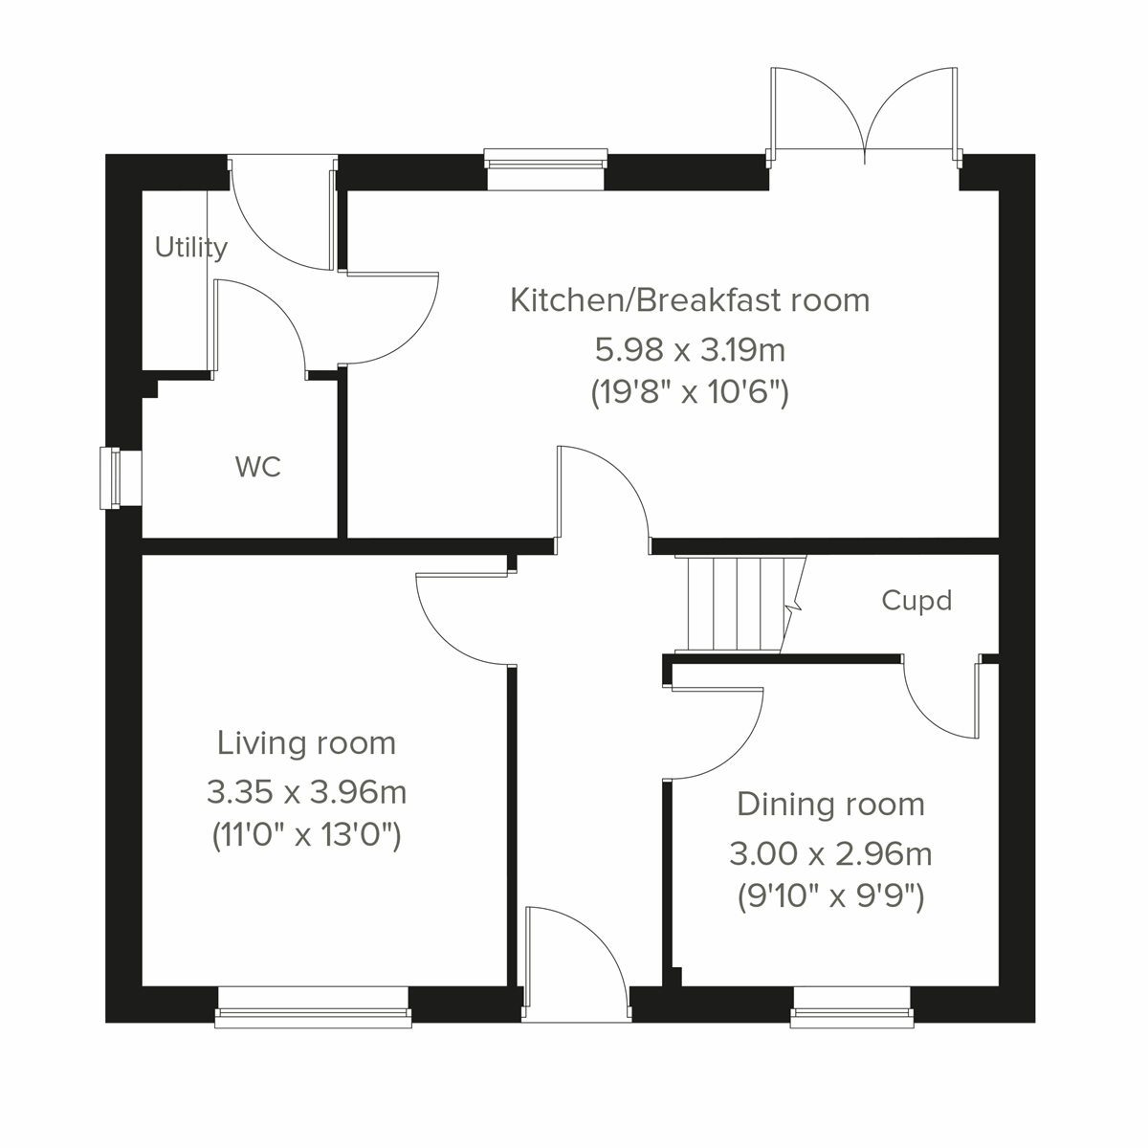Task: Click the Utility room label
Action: point(191,248)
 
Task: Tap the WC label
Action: point(258,468)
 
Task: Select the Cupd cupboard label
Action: point(916,601)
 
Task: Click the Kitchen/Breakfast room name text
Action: point(690,300)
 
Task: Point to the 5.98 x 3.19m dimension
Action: point(690,350)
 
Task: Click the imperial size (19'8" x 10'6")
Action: point(690,393)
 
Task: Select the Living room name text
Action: point(306,742)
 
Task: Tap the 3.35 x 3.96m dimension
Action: point(306,792)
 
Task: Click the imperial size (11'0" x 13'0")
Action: point(306,836)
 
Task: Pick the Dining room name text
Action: point(830,805)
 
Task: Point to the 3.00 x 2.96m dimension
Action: point(830,852)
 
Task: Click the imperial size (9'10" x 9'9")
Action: point(830,897)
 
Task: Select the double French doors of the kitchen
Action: point(864,110)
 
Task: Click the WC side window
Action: point(113,478)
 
